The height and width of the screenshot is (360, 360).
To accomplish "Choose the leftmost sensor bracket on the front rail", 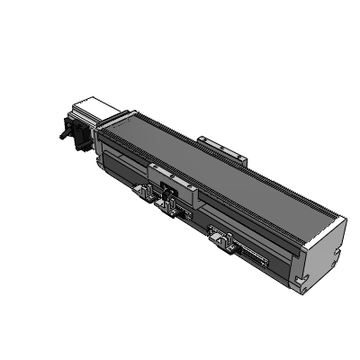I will [141, 191].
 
